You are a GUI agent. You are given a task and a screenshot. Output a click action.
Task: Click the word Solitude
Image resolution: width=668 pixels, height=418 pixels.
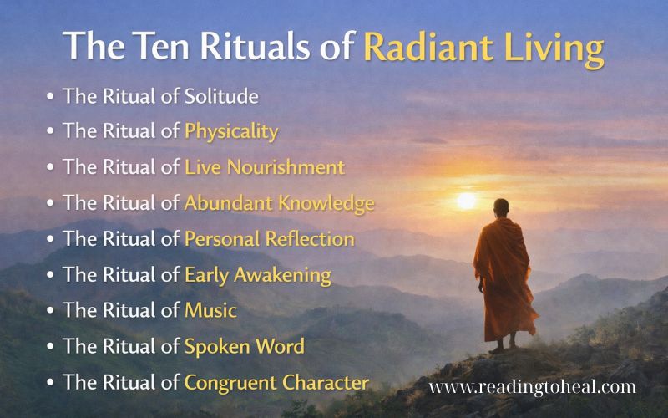coord(220,95)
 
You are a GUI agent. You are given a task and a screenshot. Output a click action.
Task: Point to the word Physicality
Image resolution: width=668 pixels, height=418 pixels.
coord(231,132)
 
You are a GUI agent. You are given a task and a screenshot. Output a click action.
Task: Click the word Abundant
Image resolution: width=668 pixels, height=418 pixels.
coord(224,203)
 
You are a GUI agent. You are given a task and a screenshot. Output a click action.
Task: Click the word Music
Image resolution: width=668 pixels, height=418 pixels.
coord(210,311)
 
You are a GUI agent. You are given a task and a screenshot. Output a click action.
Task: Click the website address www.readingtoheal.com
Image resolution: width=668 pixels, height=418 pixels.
coord(532,386)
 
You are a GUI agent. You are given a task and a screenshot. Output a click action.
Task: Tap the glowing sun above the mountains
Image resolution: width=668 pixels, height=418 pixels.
coord(466,201)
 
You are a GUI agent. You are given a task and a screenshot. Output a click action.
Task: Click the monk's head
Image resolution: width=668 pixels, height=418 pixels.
coord(499,207)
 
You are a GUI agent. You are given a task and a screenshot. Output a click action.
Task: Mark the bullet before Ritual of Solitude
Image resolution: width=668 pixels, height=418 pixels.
coord(52,96)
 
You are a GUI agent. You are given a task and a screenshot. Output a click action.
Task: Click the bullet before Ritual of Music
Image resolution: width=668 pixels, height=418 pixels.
coord(52,312)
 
